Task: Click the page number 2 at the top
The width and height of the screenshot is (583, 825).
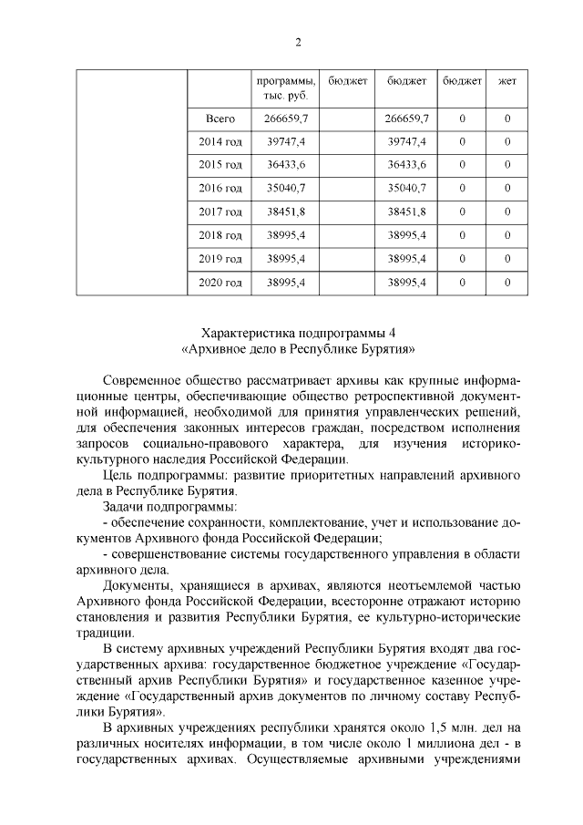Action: (297, 42)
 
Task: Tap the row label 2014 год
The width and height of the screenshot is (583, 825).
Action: (220, 142)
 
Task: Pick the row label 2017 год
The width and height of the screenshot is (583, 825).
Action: (220, 211)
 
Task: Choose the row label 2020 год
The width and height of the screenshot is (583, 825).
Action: (220, 283)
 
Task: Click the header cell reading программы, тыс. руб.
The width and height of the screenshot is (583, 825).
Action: (285, 88)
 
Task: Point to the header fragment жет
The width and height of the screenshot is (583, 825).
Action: (507, 81)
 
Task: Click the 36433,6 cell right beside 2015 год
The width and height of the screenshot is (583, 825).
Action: (285, 165)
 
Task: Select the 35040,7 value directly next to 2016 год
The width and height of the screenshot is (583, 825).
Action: (285, 189)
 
